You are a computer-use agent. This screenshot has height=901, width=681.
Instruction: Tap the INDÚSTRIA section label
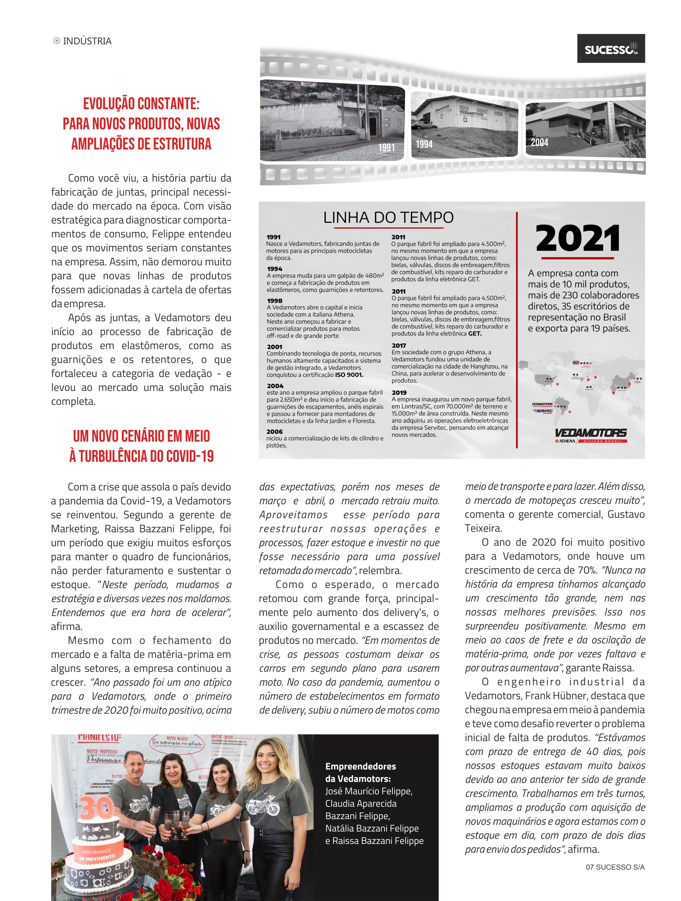(87, 41)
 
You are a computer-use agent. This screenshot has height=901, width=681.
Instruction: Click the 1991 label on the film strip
(386, 147)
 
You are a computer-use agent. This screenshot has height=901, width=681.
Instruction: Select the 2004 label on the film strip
(539, 142)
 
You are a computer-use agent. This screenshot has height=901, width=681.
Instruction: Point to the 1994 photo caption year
(424, 144)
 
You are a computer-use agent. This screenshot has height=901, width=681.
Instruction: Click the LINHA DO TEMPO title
(388, 218)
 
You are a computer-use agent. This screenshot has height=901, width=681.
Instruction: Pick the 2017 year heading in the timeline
(399, 345)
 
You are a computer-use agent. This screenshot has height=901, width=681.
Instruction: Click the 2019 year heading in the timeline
(399, 392)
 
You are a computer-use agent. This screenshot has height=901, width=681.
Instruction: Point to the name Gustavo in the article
(626, 514)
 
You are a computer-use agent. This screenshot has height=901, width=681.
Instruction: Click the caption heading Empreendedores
(360, 766)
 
